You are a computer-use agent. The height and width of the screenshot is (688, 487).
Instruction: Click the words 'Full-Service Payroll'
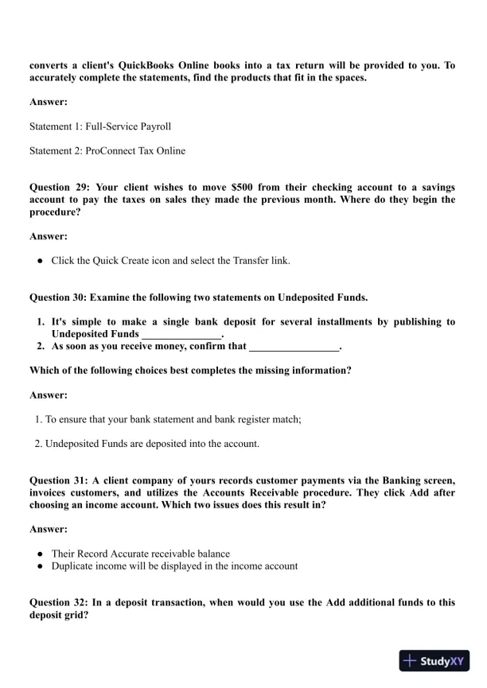[x=130, y=126]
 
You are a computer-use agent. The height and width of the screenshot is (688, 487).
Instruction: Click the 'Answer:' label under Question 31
[x=49, y=529]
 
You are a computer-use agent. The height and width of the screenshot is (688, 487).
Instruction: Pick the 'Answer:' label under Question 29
[x=49, y=236]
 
